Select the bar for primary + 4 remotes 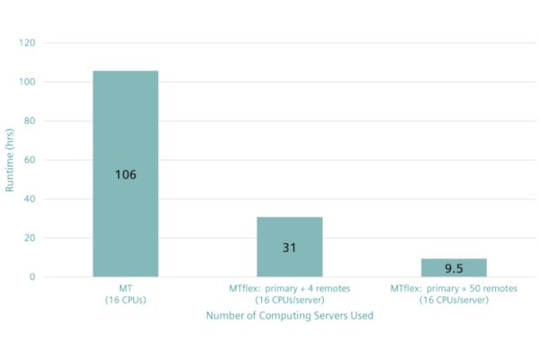tap(289, 225)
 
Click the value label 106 tap(125, 175)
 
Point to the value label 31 tap(289, 247)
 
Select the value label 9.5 tap(454, 268)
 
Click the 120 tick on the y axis tap(27, 43)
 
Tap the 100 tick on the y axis tap(27, 82)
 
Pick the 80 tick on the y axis tap(30, 121)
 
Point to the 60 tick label tap(30, 160)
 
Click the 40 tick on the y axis tap(30, 199)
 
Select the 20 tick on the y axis tap(30, 238)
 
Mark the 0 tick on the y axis tap(32, 277)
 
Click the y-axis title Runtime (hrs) tap(11, 160)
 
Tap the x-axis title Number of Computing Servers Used tap(289, 316)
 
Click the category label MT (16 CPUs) tap(125, 293)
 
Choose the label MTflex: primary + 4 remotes tap(289, 288)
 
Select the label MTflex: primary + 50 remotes tap(454, 288)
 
